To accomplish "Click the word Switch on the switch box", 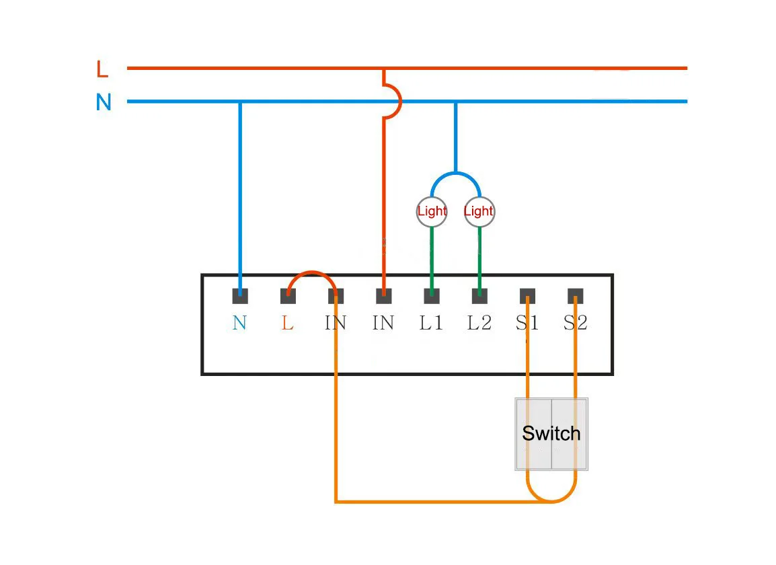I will (x=551, y=433).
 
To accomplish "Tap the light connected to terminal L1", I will (x=432, y=211).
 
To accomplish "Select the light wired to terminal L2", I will (x=479, y=211).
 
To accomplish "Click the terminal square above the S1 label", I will (x=528, y=296).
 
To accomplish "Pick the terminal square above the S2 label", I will (x=575, y=296).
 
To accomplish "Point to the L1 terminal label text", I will (x=432, y=324).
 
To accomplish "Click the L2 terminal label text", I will (x=479, y=324).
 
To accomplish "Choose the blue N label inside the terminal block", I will (x=239, y=324).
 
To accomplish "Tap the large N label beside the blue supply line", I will (x=104, y=102).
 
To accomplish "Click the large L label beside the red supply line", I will (x=102, y=69).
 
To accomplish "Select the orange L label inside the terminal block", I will (x=288, y=324).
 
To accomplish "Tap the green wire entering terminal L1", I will (x=432, y=259).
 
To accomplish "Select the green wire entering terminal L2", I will (x=479, y=259).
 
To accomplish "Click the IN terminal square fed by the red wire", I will (x=383, y=296).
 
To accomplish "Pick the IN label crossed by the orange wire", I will (x=336, y=324).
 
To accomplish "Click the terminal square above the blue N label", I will (x=240, y=296).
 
